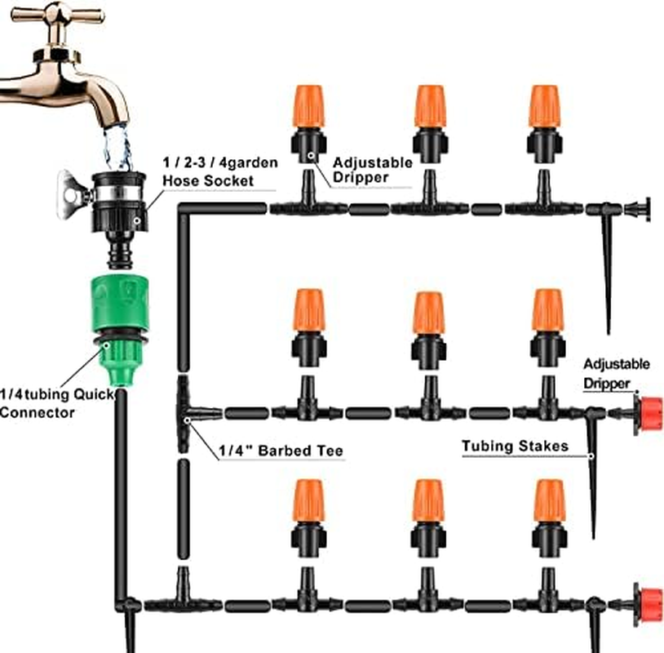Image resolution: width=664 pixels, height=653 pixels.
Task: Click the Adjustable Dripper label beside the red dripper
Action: [x=616, y=370]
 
